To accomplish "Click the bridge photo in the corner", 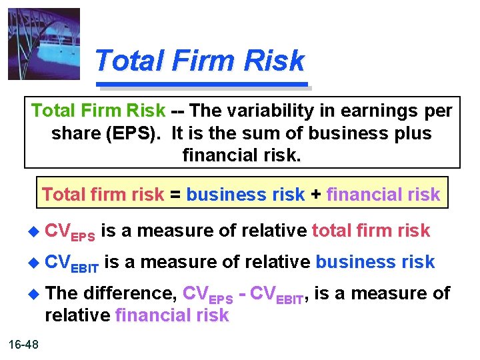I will coord(44,44).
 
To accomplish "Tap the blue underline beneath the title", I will coord(204,85).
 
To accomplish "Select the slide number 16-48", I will coord(24,344).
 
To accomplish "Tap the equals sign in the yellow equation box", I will coord(175,195).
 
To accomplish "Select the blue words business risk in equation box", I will coord(246,195).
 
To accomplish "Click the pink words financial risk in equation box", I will coord(383,195).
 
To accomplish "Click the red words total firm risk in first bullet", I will coord(371,231).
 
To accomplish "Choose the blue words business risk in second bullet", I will coord(375,263).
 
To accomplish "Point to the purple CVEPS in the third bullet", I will coord(207,295).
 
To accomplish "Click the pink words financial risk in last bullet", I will coord(172,315).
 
